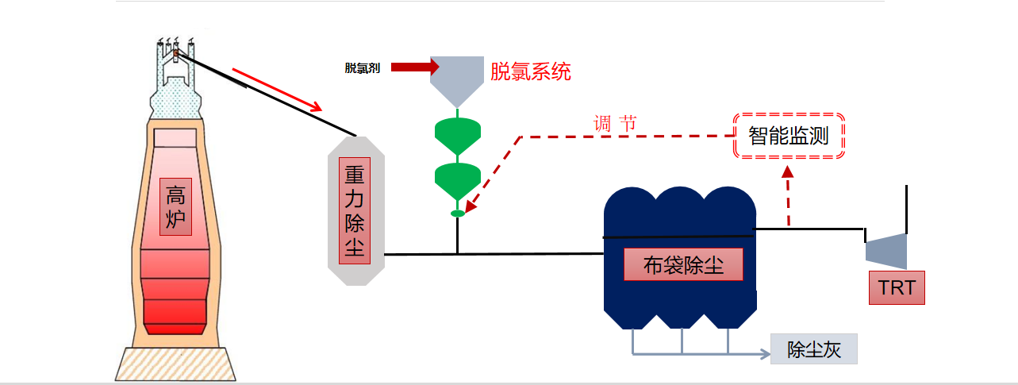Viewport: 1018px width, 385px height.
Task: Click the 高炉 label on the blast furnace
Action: click(x=175, y=206)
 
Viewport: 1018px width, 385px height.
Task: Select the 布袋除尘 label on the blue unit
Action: click(x=683, y=264)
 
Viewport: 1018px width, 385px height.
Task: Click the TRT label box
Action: click(x=897, y=287)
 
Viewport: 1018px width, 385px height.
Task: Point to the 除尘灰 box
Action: click(x=813, y=349)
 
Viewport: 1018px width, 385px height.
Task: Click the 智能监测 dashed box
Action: click(x=788, y=136)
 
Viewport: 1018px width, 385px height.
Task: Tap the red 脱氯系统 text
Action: click(x=531, y=72)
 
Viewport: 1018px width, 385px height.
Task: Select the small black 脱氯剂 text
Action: click(x=362, y=68)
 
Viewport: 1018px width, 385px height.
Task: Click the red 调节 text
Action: click(x=615, y=124)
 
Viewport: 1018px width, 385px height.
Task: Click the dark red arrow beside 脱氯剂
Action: click(x=410, y=67)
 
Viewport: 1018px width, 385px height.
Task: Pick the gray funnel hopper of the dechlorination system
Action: click(x=456, y=78)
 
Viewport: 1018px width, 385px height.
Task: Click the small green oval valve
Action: click(x=457, y=213)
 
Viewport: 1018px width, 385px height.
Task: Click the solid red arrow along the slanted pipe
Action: click(x=278, y=89)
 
